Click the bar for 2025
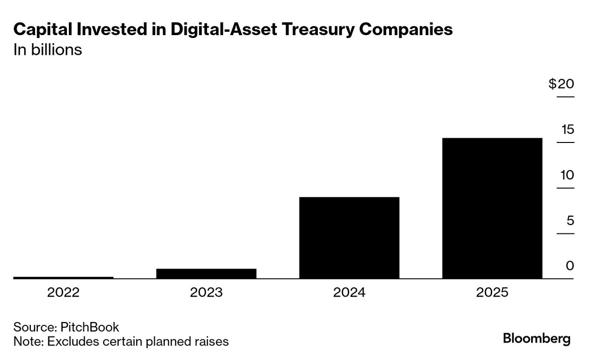[x=492, y=208]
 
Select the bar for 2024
[x=349, y=238]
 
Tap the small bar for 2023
[x=206, y=273]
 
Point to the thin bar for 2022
[x=63, y=277]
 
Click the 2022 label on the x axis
[x=63, y=293]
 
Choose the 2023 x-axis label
[x=206, y=293]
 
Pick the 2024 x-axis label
[x=349, y=293]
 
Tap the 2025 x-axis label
[x=492, y=293]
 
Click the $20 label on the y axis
[x=561, y=84]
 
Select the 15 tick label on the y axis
[x=567, y=129]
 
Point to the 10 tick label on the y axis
[x=567, y=175]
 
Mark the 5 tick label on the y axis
[x=570, y=220]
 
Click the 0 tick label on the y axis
[x=570, y=266]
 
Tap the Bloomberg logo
[x=537, y=338]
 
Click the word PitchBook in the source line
[x=90, y=327]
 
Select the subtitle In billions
[x=48, y=50]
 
